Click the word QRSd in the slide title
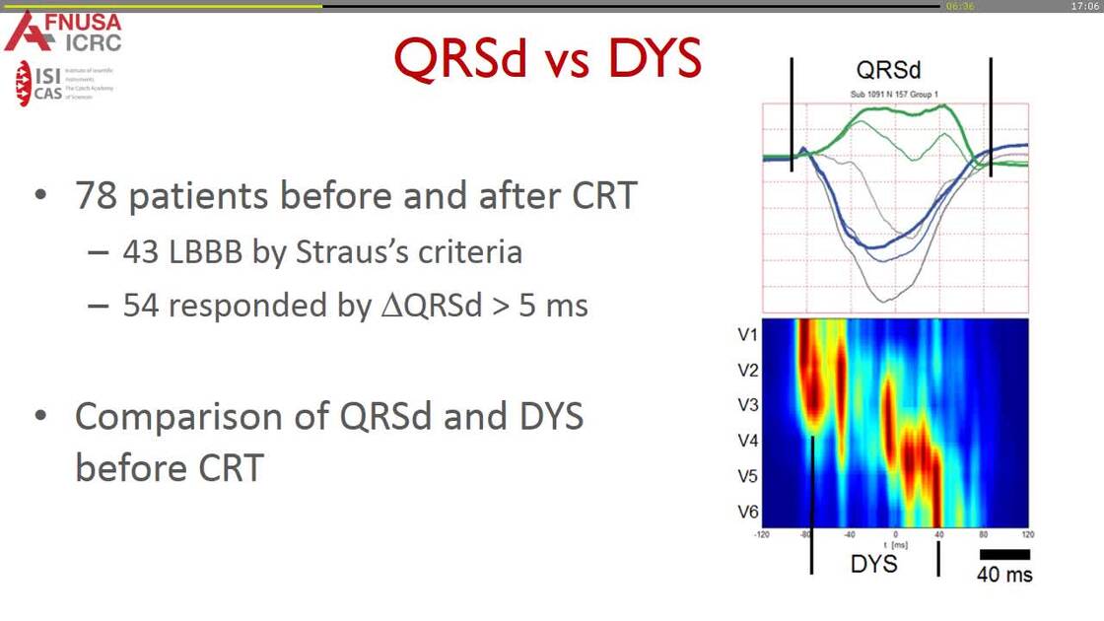coord(458,59)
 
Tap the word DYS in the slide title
coord(655,59)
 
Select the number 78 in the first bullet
coord(98,197)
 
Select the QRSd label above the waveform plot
coord(889,70)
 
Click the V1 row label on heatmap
coord(747,335)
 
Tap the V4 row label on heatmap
coord(747,440)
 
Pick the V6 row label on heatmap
coord(747,511)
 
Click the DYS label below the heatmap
coord(873,563)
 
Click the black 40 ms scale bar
coord(1004,555)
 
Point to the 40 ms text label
coord(1004,575)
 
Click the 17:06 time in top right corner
coord(1084,6)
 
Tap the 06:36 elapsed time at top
coord(959,6)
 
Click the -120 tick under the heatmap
coord(762,533)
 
